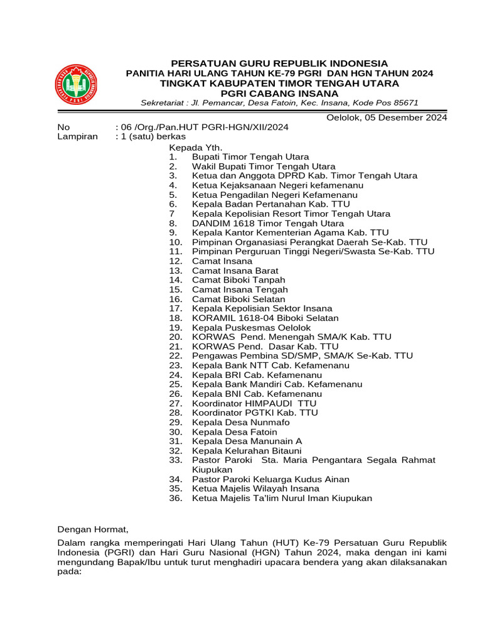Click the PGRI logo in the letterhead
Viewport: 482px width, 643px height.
[75, 85]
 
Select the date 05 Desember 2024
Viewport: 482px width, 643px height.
[406, 117]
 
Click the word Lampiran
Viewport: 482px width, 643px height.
[78, 136]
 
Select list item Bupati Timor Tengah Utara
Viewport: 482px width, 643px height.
[250, 157]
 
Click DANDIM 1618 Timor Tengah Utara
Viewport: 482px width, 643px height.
[267, 223]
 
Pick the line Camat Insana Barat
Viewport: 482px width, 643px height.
[235, 271]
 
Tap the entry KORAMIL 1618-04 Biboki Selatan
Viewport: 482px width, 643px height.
[265, 318]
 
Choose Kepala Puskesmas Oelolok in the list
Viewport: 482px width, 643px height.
[251, 327]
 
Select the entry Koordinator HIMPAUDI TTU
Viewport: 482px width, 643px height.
[254, 403]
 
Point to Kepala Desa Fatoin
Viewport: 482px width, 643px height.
[234, 432]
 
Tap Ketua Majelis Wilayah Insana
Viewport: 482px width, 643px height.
[255, 489]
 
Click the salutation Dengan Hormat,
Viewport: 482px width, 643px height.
[93, 529]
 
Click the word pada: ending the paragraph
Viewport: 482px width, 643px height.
[70, 572]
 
